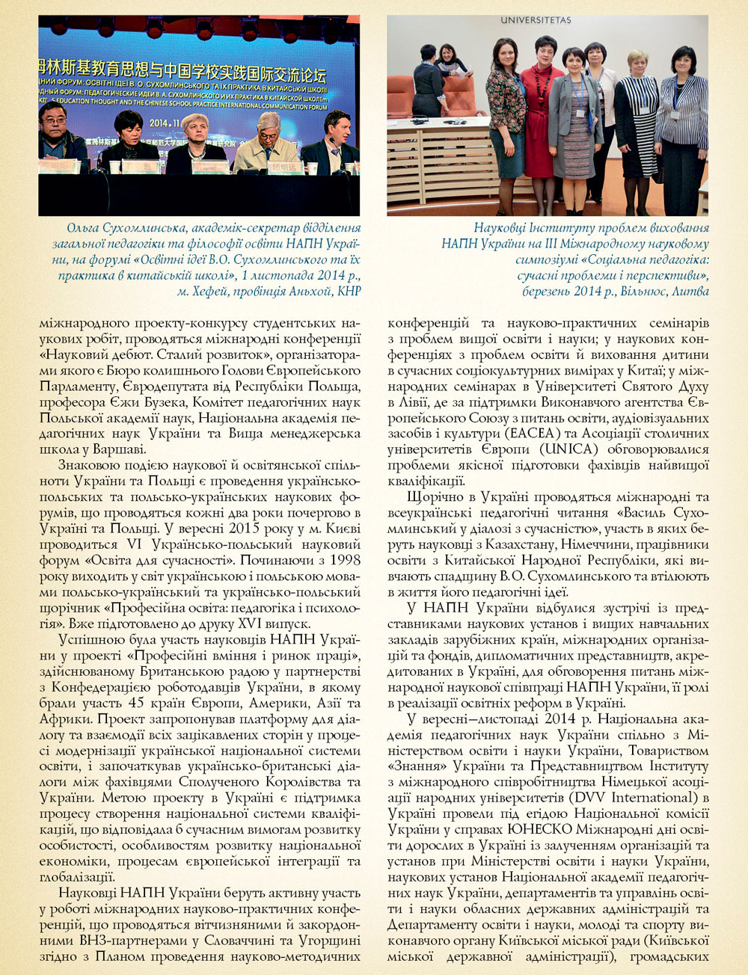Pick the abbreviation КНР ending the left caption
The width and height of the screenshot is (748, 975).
tap(349, 291)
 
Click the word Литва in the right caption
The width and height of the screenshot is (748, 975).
tap(690, 291)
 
